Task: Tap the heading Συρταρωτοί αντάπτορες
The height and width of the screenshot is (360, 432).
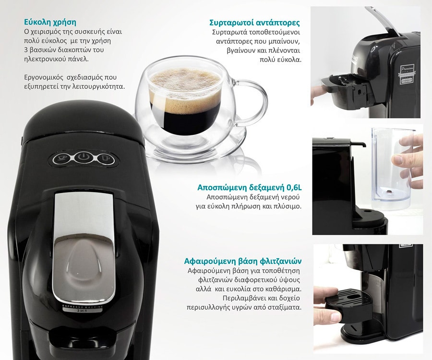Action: point(254,23)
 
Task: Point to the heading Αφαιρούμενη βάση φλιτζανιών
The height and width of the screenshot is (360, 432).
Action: point(242,262)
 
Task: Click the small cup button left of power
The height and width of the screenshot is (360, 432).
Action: point(61,158)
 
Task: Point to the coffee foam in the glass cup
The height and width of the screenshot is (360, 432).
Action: point(184,84)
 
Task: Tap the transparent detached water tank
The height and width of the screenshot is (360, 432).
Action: point(392,168)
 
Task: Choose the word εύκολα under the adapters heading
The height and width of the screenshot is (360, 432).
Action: point(288,60)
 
